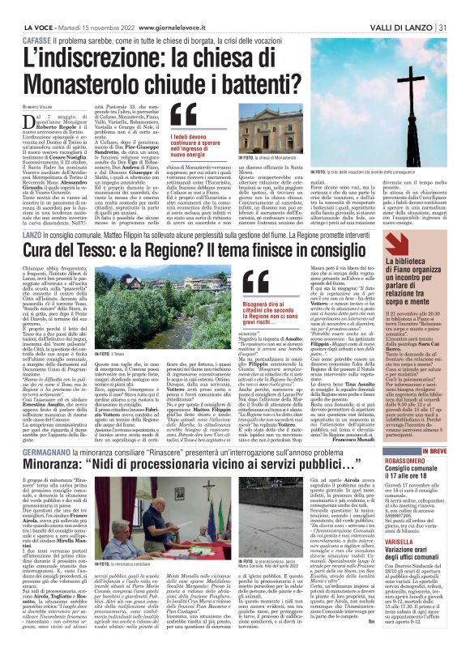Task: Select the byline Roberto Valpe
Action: pos(33,83)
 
